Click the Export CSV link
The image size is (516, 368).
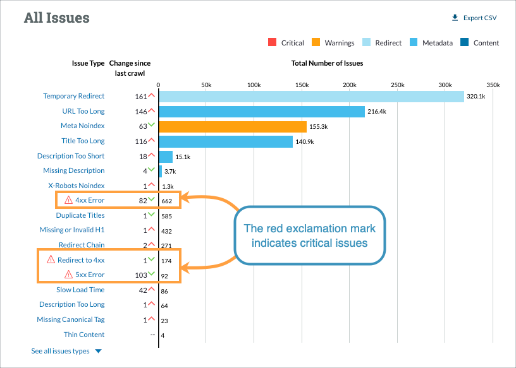pyautogui.click(x=475, y=18)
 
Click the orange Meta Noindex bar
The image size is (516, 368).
pyautogui.click(x=233, y=126)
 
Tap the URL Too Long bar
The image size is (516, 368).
pyautogui.click(x=262, y=111)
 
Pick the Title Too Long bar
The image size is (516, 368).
pyautogui.click(x=226, y=141)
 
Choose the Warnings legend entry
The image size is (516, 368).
pyautogui.click(x=333, y=43)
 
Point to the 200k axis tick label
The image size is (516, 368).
pyautogui.click(x=349, y=85)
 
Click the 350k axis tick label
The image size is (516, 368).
pyautogui.click(x=493, y=85)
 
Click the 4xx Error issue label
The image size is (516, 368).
pyautogui.click(x=90, y=200)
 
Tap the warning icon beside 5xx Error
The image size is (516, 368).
pyautogui.click(x=69, y=275)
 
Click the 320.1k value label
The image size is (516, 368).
pyautogui.click(x=476, y=97)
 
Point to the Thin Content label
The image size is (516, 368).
pyautogui.click(x=84, y=335)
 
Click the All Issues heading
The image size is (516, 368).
pyautogui.click(x=57, y=17)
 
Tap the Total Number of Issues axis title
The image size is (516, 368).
pyautogui.click(x=327, y=63)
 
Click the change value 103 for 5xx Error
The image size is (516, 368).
pyautogui.click(x=140, y=275)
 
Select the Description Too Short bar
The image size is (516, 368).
pyautogui.click(x=166, y=156)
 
